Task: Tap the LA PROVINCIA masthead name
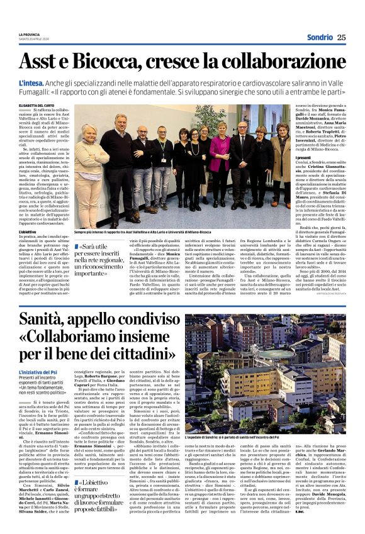click(x=29, y=34)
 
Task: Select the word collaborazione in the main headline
click(x=291, y=61)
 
